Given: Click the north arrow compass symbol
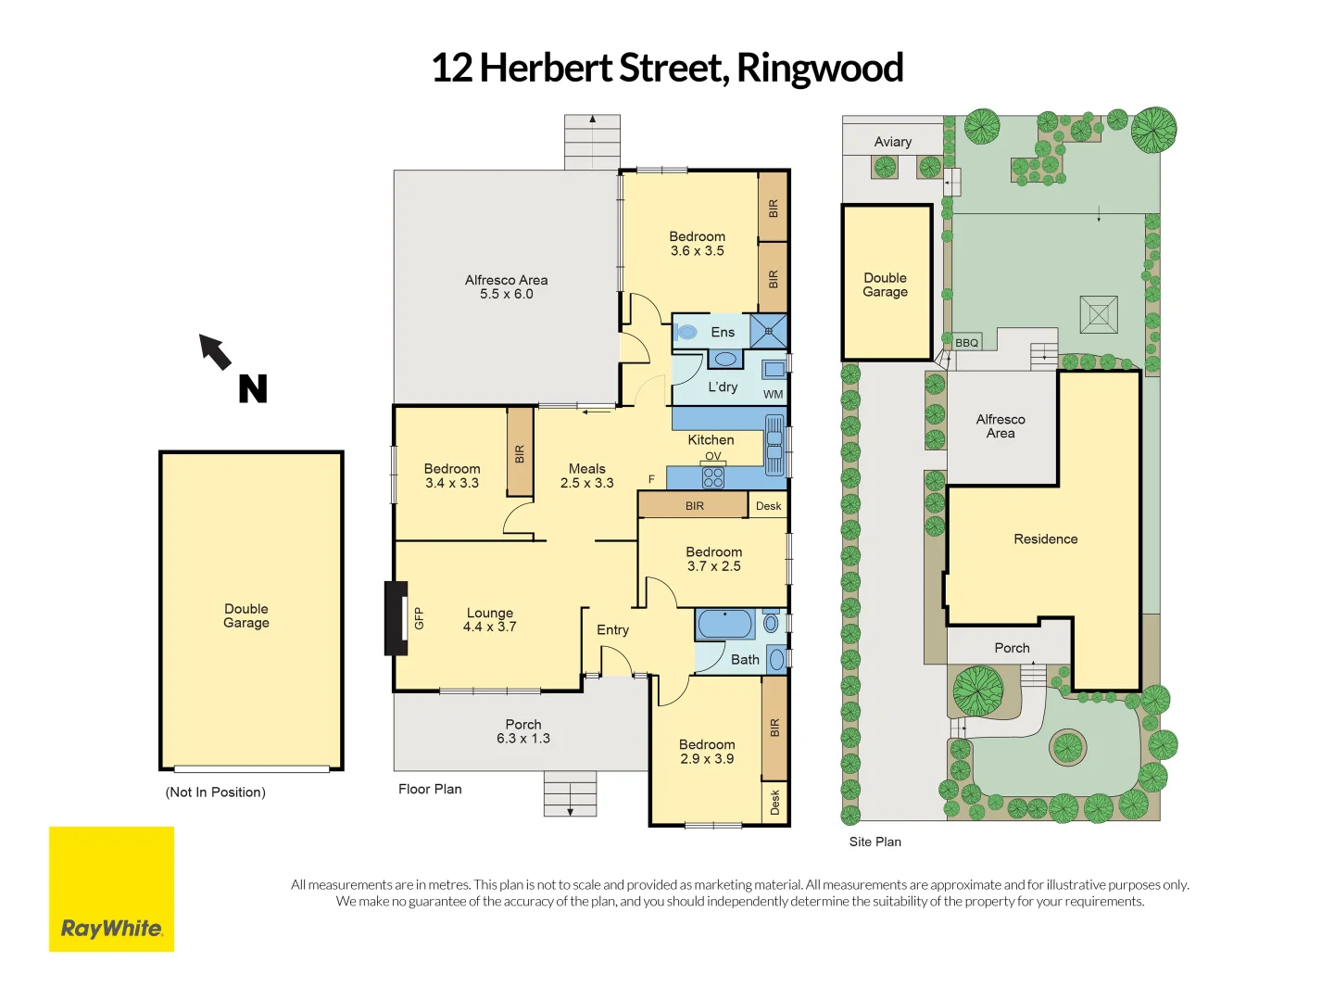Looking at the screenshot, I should tap(217, 352).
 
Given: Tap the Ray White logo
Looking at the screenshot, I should tap(111, 889).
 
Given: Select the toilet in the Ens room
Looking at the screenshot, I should tap(686, 331).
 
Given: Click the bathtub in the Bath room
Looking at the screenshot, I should tap(725, 624).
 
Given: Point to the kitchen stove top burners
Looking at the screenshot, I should tap(712, 477).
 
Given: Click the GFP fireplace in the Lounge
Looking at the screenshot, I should tap(397, 618).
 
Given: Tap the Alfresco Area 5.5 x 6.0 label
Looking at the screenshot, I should tap(506, 287).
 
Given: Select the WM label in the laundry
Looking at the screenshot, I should tap(773, 394).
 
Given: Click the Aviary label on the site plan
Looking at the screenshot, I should tap(892, 142).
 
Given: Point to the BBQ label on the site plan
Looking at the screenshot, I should tap(966, 343).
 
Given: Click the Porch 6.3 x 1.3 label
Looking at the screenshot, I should tap(522, 731).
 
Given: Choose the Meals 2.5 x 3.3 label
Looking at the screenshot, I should tap(586, 475).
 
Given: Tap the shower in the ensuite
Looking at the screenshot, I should tap(768, 331).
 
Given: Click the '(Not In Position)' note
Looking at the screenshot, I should tap(215, 792).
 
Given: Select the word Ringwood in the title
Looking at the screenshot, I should tap(819, 68).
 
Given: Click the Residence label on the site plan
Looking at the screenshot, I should tap(1045, 539).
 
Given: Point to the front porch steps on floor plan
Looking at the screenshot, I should tap(570, 793).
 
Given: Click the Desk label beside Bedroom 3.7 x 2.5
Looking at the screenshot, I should tap(768, 506).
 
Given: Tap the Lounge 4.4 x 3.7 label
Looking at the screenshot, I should tap(489, 620).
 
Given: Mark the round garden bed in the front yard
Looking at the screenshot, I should tap(1067, 746).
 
